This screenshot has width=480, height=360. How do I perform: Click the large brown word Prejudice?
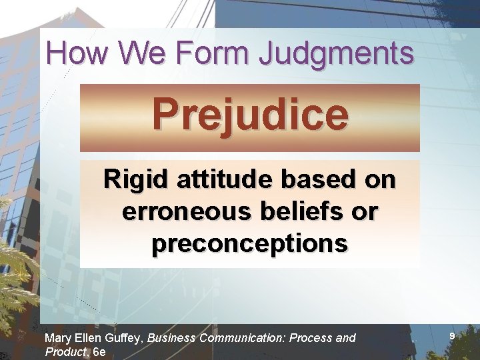pos(250,115)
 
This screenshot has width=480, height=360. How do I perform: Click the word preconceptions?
pos(250,244)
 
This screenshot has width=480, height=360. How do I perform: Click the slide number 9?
pos(452,337)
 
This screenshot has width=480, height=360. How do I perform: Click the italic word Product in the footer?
pos(65,352)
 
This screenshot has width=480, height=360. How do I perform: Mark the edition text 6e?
pos(99,352)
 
